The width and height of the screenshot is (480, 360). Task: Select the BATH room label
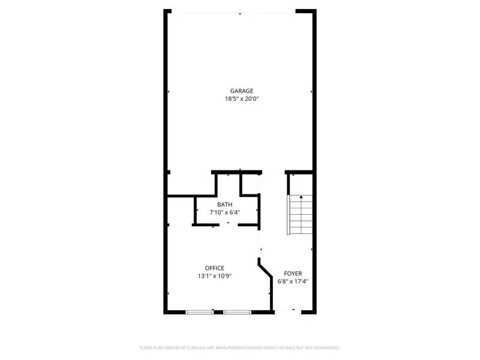coord(225,205)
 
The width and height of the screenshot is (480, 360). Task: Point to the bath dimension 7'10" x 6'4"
coord(225,212)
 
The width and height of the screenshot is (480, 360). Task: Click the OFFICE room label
coord(214,268)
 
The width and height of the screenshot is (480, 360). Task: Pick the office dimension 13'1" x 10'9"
coord(214,276)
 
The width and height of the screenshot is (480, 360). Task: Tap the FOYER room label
coord(293,273)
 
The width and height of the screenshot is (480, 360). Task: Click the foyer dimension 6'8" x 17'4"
coord(293,281)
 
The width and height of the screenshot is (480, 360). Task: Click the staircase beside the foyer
coord(301,214)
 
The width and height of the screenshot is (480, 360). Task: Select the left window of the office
coord(199,311)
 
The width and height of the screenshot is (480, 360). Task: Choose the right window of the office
coord(237,311)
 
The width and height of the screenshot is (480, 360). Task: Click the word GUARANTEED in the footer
coord(326,347)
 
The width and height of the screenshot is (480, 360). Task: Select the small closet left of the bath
coord(180,211)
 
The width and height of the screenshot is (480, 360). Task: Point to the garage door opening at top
coord(240,12)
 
